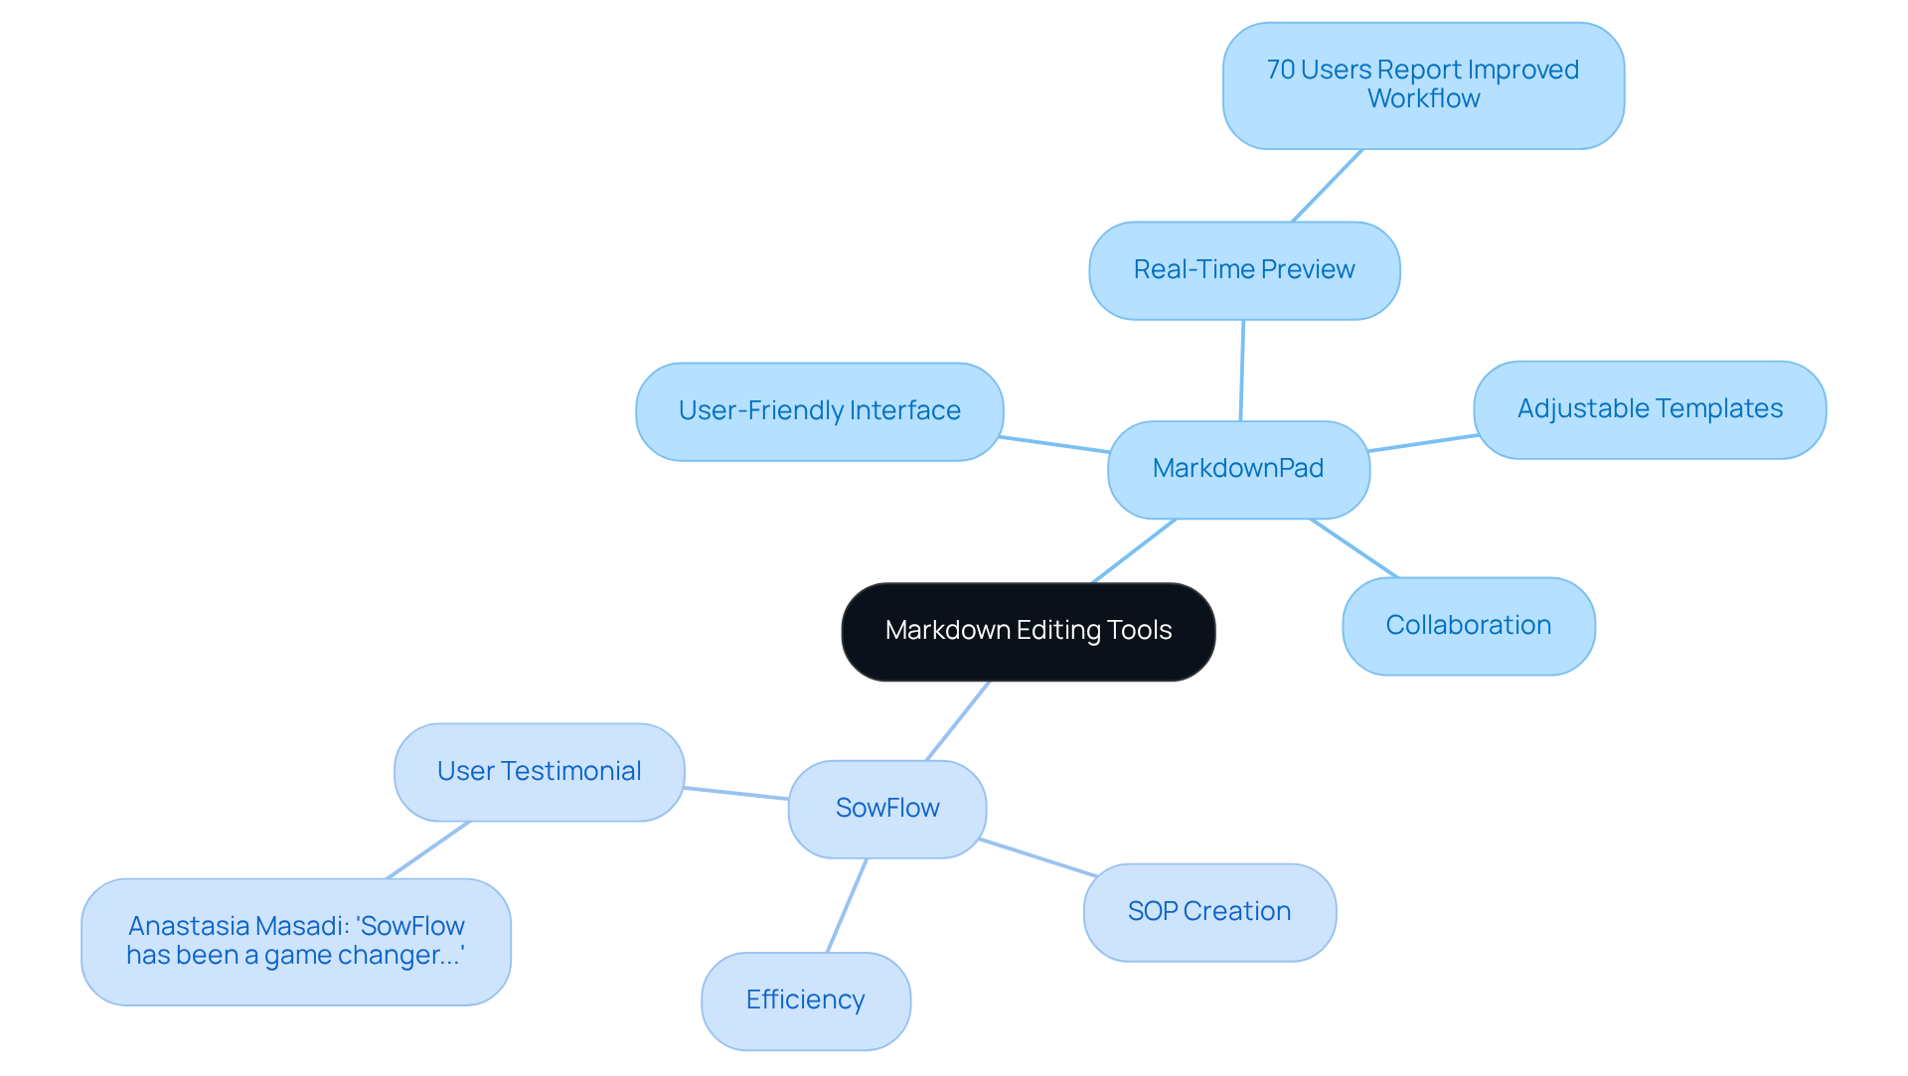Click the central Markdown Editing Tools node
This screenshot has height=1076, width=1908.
click(1028, 631)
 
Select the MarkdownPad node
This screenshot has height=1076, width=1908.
click(1238, 469)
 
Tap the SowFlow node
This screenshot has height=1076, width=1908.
click(886, 809)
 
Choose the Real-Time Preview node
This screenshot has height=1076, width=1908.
click(1244, 270)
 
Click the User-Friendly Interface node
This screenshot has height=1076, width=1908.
click(819, 411)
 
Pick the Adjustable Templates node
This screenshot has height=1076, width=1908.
click(1650, 409)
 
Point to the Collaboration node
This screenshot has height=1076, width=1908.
click(1468, 626)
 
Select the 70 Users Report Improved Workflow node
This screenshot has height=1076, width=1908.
click(1423, 85)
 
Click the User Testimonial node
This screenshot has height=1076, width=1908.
click(539, 772)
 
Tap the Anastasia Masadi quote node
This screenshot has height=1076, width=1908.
click(296, 941)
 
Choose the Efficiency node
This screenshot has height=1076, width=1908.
click(805, 1000)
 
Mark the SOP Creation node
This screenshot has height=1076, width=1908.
click(1209, 912)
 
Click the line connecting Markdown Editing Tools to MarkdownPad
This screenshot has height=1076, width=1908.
click(1134, 551)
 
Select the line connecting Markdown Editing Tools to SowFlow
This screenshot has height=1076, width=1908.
click(957, 721)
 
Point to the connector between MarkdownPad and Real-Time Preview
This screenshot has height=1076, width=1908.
click(1242, 371)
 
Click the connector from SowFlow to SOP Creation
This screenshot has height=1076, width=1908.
click(1038, 858)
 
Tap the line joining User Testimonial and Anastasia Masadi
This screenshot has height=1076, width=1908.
click(427, 850)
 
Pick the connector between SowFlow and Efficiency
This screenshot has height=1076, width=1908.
click(847, 906)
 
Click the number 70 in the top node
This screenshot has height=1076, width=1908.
click(1280, 71)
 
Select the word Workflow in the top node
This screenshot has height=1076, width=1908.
click(1423, 99)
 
